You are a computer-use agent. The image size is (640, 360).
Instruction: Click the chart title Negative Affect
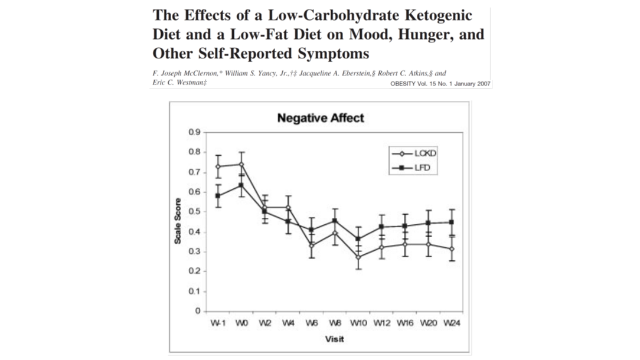point(321,118)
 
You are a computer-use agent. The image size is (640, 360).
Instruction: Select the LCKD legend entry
point(426,154)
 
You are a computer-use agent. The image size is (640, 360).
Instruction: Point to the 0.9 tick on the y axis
point(193,132)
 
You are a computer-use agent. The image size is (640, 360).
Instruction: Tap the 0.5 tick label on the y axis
point(193,211)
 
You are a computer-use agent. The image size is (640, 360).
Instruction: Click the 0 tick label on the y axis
point(198,311)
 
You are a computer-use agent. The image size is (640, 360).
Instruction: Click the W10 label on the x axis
point(359,323)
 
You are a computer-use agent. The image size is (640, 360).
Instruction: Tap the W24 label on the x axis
point(452,323)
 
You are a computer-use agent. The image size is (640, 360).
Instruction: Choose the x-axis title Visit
point(334,339)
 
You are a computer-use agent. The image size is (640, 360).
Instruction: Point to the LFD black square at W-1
point(218,195)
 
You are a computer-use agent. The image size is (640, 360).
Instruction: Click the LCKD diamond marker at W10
point(358,257)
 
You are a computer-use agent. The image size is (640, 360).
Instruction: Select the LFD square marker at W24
point(452,222)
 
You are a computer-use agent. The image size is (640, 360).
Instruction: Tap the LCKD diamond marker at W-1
point(218,166)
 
